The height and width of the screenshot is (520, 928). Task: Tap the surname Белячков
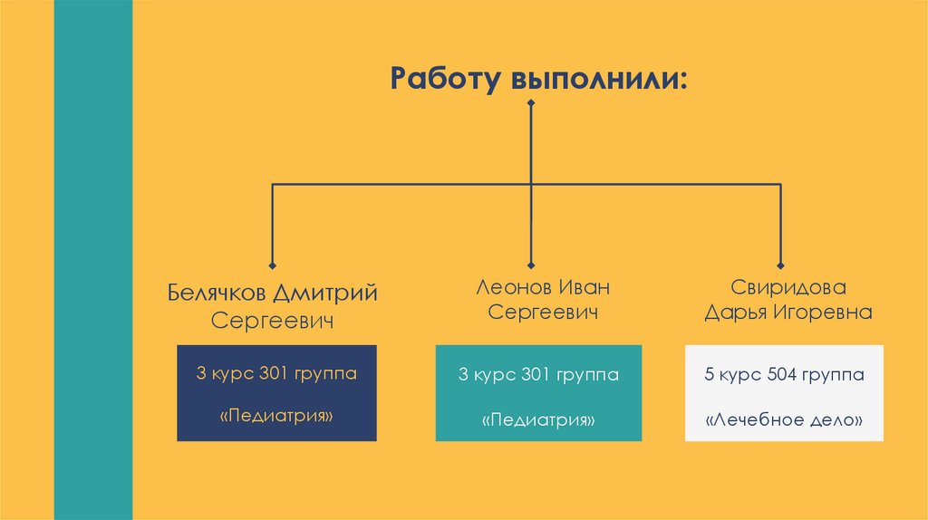pos(217,294)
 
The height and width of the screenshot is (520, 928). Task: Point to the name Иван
pos(584,287)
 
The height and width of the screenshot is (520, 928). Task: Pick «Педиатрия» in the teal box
pos(538,419)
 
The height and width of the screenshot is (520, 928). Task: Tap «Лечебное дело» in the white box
pos(783,420)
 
